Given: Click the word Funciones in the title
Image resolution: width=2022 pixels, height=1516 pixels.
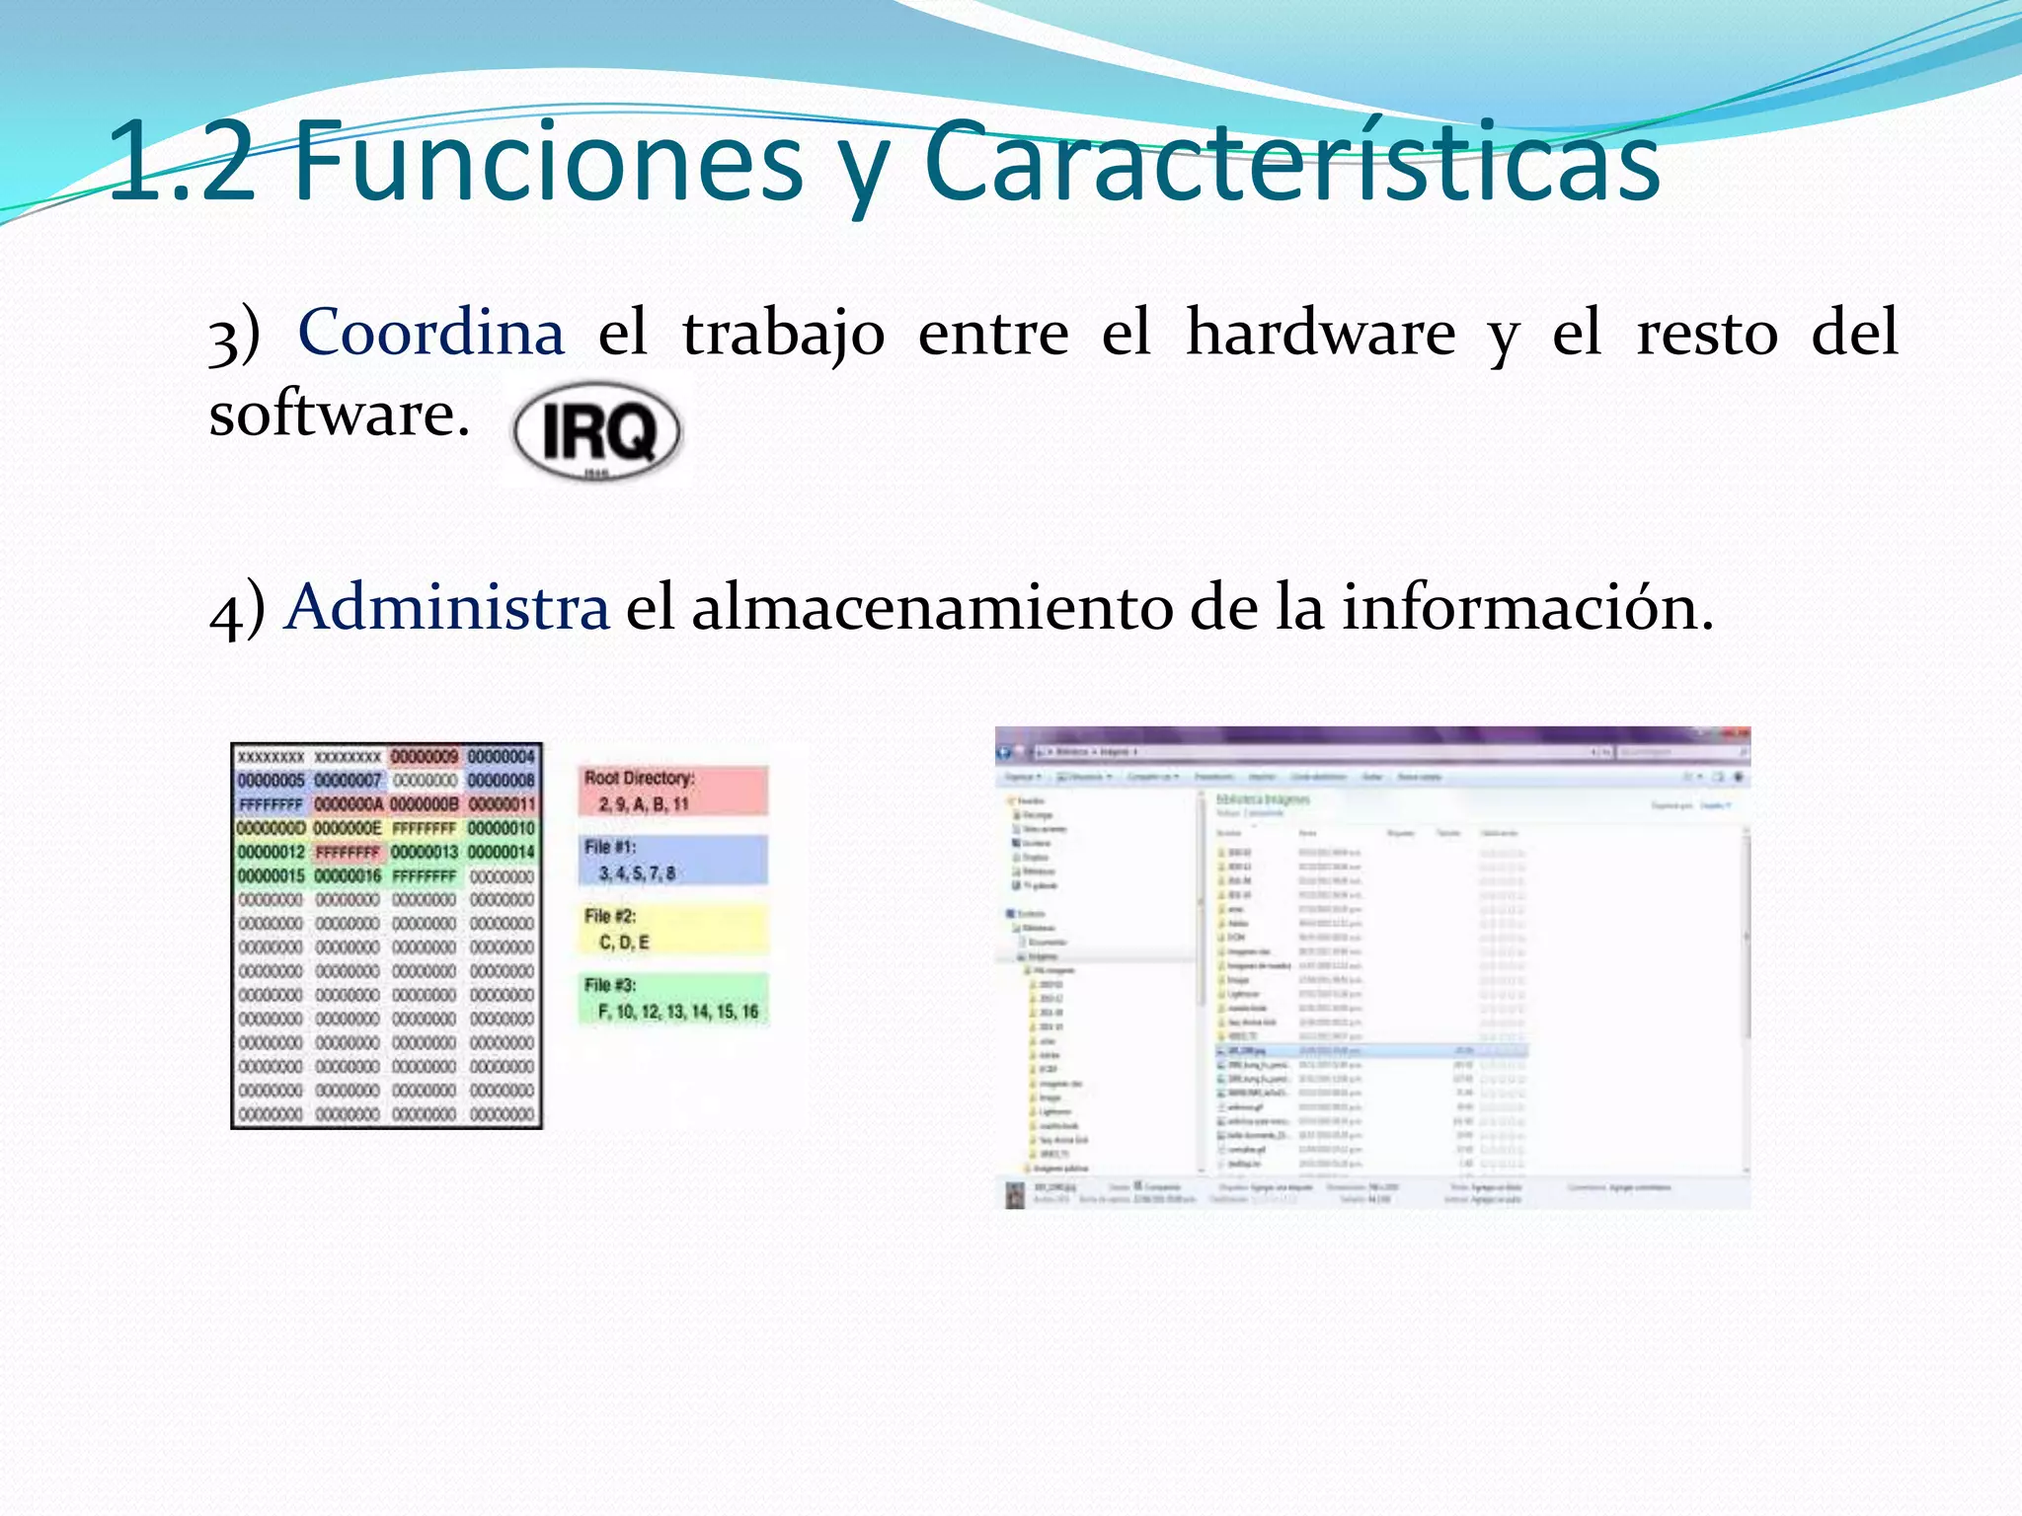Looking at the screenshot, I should (x=548, y=161).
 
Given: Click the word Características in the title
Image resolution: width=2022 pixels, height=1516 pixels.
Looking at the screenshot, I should (x=1292, y=161).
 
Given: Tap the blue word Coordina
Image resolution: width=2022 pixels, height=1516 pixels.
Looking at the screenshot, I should (x=431, y=332).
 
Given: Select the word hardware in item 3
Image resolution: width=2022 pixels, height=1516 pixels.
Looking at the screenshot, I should (x=1320, y=332).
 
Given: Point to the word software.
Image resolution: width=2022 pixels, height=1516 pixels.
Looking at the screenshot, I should (x=339, y=414).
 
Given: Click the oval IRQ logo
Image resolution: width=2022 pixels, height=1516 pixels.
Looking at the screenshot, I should (x=596, y=432).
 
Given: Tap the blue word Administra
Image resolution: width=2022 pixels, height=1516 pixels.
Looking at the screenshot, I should (x=447, y=606).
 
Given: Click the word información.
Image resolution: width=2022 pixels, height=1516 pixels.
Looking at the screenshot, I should (x=1526, y=606).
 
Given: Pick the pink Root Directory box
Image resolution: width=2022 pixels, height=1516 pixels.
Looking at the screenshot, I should (x=672, y=791).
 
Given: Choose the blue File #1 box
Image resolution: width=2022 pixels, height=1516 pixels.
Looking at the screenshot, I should (x=672, y=860).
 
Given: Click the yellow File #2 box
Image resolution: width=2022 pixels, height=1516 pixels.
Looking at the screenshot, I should (x=672, y=929).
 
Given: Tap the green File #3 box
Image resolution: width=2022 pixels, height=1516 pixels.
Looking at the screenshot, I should (x=672, y=998).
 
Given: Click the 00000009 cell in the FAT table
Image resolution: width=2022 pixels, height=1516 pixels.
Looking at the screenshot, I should (x=425, y=757).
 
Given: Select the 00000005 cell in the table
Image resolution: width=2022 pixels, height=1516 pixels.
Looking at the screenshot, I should (x=271, y=781).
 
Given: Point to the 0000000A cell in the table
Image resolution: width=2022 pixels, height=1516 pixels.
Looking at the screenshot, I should (x=348, y=804).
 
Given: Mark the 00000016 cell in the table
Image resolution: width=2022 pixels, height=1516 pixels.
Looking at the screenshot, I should (x=348, y=876).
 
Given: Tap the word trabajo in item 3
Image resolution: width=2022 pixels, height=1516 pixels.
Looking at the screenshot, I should (x=783, y=332).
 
